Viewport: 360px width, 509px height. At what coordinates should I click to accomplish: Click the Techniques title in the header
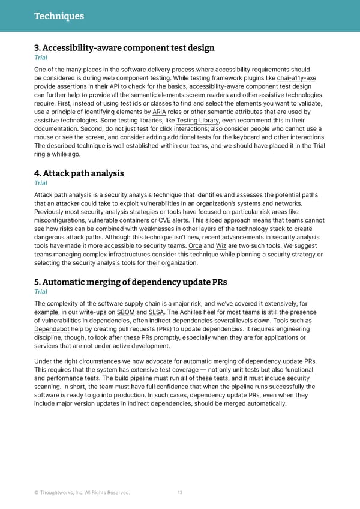click(x=59, y=16)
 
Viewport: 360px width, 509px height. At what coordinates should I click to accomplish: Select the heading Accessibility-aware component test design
click(x=124, y=48)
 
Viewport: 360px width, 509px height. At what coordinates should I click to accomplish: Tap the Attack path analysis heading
click(x=79, y=173)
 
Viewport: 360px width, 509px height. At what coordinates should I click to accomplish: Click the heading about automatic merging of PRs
click(x=130, y=282)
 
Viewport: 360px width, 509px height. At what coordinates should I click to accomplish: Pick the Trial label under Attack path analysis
click(x=41, y=183)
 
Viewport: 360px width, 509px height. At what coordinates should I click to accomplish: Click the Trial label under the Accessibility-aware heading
click(x=41, y=58)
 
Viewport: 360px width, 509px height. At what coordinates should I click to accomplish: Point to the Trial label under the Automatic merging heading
click(x=41, y=292)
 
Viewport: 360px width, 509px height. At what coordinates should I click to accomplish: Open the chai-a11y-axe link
click(x=296, y=78)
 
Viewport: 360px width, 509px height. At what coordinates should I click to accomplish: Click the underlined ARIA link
click(x=160, y=112)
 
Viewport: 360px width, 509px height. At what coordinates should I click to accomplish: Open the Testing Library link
click(x=197, y=120)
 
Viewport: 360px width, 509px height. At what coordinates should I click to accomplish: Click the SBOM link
click(x=126, y=313)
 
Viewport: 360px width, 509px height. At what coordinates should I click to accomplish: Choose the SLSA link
click(x=156, y=313)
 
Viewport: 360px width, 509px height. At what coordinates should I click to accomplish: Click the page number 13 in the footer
click(x=180, y=493)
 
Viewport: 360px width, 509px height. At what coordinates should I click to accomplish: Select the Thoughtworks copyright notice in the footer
click(x=82, y=493)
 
